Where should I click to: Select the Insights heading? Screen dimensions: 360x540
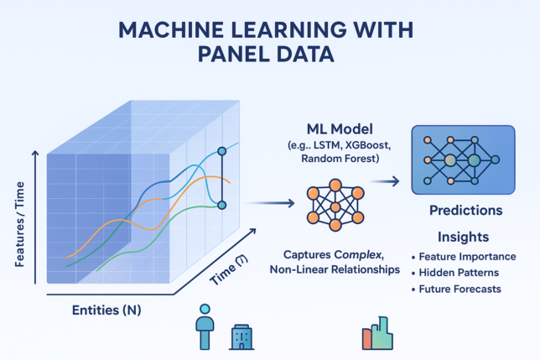tap(464, 237)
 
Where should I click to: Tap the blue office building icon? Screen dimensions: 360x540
tap(241, 337)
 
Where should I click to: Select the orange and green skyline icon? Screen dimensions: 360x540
tap(377, 334)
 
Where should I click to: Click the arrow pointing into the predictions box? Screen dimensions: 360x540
tap(385, 180)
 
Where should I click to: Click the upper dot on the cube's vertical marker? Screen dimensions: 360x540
tap(222, 151)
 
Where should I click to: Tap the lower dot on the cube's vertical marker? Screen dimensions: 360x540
tap(222, 204)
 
